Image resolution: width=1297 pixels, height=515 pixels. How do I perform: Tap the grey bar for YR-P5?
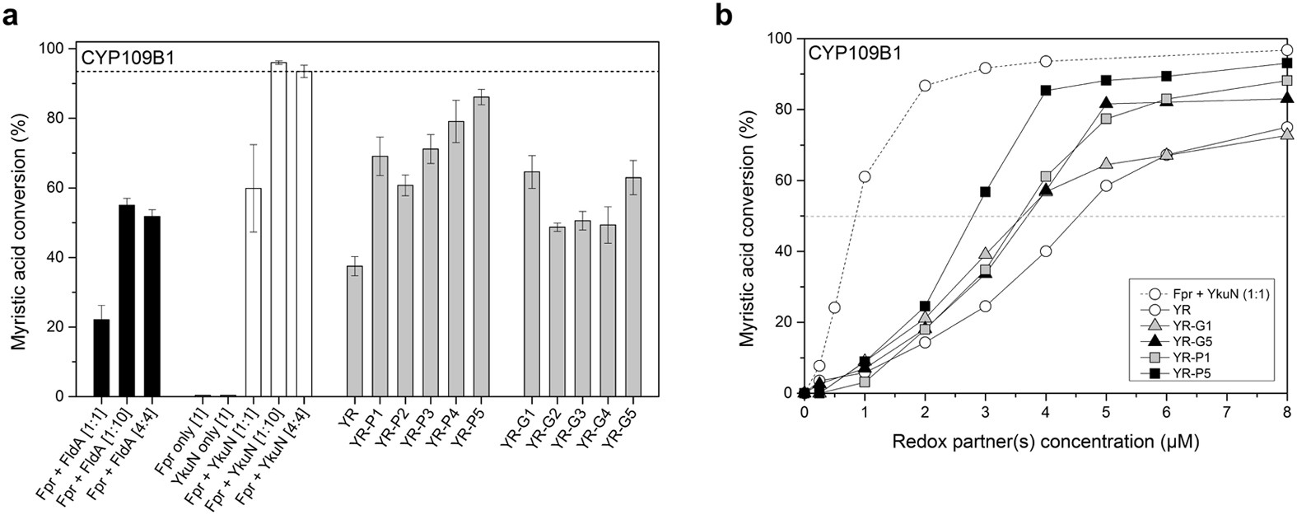481,246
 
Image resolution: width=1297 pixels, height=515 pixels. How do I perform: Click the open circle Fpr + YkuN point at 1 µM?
865,177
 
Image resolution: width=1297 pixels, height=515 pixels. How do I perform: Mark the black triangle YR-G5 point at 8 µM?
1287,99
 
